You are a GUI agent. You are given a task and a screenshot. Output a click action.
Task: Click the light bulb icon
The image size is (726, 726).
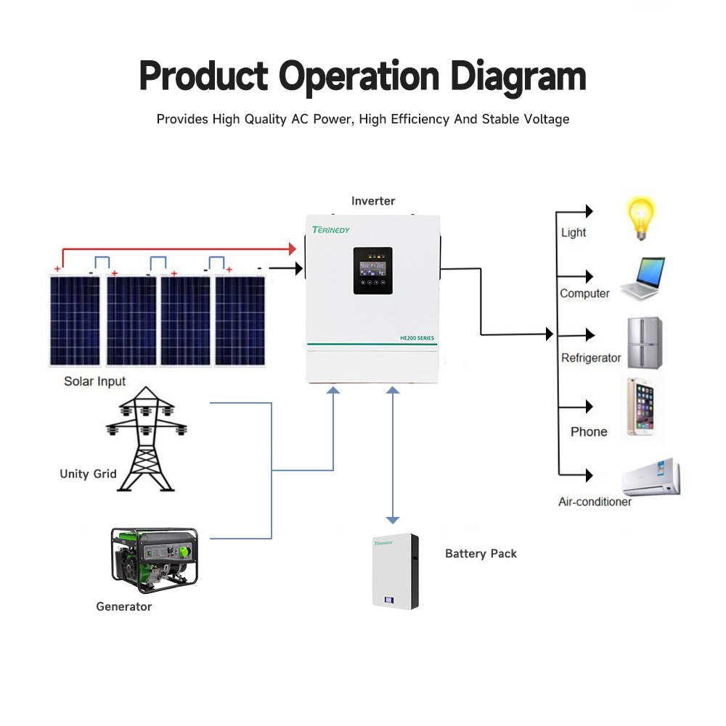point(641,218)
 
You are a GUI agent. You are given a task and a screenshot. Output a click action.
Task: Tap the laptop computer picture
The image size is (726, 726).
point(643,279)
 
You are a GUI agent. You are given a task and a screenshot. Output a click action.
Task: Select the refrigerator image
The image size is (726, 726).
point(645,343)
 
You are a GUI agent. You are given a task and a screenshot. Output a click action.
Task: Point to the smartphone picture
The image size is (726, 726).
point(640,407)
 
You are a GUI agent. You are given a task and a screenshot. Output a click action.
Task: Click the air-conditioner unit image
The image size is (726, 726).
point(652,477)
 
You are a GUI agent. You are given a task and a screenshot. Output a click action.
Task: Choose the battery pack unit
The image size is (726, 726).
point(396,571)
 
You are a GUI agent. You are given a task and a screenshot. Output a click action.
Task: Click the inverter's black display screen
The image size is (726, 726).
point(372,270)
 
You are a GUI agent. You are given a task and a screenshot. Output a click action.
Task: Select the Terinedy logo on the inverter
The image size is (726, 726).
point(331,230)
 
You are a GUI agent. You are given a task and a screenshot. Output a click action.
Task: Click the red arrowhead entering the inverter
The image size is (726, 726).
point(293,249)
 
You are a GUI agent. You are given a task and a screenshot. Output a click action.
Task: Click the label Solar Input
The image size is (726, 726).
point(94,381)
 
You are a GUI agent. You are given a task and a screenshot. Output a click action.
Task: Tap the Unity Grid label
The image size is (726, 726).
point(88,474)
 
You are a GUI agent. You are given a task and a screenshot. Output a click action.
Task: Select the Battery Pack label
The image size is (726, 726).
point(481,553)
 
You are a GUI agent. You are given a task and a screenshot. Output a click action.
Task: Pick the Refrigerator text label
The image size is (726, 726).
point(591,358)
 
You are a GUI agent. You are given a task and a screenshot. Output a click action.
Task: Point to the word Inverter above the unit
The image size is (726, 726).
point(373,201)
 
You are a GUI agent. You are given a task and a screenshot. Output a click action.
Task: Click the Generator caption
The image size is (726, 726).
point(123,606)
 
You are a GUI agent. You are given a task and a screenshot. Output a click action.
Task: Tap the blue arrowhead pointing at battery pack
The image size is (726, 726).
point(393,520)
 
